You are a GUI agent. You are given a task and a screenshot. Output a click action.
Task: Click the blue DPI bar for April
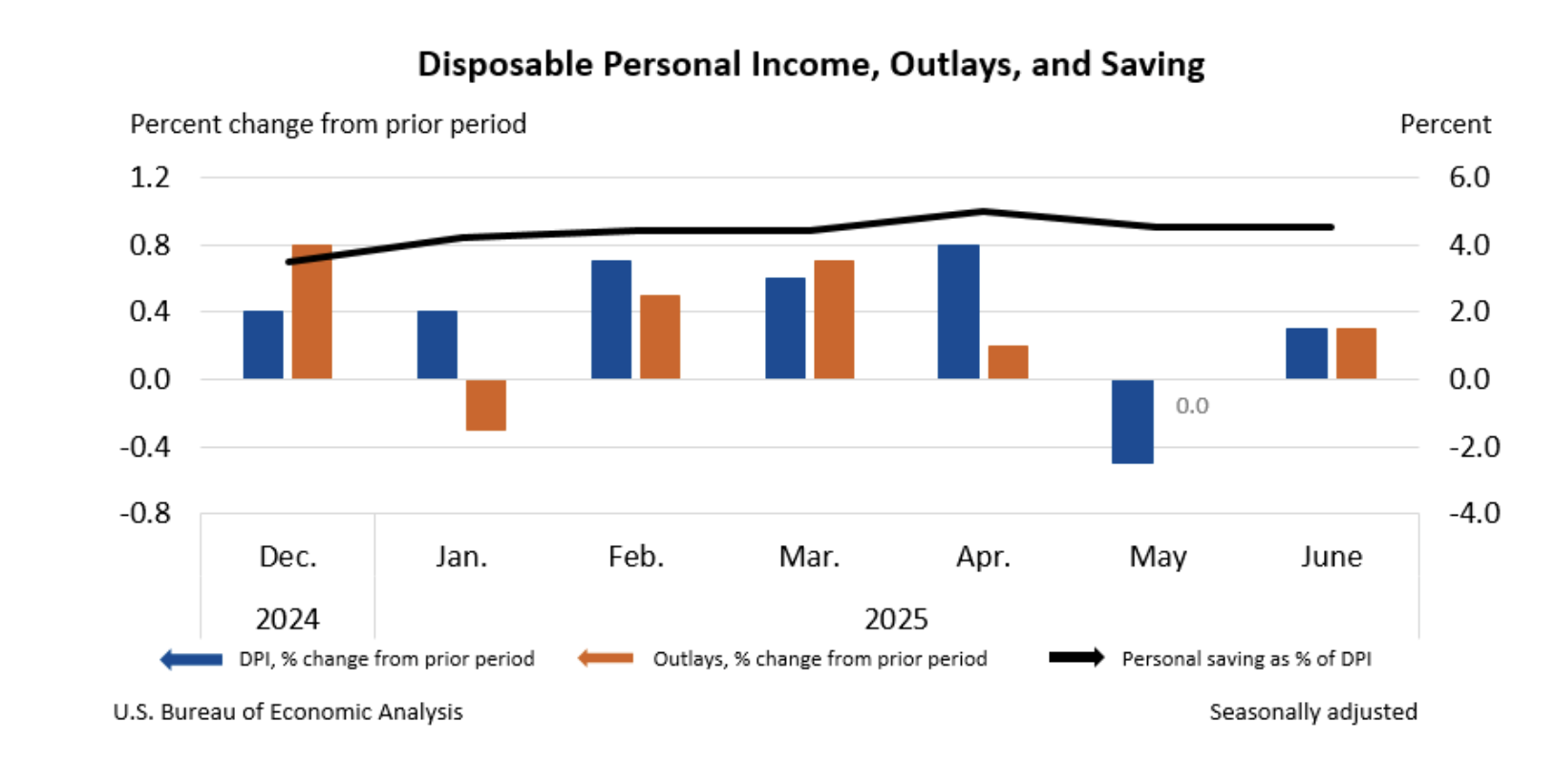(x=958, y=312)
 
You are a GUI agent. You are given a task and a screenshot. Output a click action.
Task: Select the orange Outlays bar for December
(x=311, y=312)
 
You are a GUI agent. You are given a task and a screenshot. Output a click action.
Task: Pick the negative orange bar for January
(x=485, y=405)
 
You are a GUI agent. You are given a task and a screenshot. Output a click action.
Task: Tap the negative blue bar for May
(x=1132, y=421)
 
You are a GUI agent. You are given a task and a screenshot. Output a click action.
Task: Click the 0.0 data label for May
(x=1191, y=406)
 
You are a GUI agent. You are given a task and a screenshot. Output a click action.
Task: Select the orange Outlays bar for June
(x=1355, y=353)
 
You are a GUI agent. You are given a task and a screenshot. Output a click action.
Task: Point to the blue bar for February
(x=610, y=320)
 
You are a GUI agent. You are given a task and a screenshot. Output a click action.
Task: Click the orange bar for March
(x=834, y=320)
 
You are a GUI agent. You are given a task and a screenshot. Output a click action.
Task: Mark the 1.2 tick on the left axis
(x=150, y=178)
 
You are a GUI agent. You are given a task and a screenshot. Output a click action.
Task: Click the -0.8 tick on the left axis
(x=145, y=514)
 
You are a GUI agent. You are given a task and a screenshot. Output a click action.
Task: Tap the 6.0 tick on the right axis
(x=1468, y=178)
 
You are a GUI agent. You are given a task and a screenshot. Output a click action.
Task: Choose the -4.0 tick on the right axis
(x=1474, y=514)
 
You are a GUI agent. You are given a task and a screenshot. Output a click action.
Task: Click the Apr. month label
(x=983, y=557)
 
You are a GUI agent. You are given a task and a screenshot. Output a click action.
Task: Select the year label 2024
(x=287, y=619)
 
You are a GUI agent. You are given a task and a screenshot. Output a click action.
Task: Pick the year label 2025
(x=895, y=619)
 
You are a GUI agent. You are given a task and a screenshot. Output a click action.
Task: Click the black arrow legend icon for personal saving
(x=1076, y=658)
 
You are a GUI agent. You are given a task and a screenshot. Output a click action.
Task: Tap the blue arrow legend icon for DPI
(x=191, y=659)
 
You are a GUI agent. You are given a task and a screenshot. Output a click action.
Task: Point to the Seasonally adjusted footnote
(x=1312, y=711)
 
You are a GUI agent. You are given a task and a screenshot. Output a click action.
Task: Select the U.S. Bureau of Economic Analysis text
(x=288, y=711)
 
